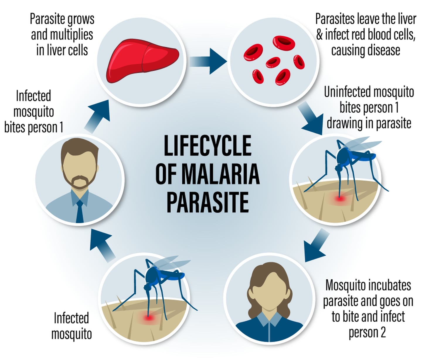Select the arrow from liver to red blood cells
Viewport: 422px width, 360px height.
pyautogui.click(x=208, y=61)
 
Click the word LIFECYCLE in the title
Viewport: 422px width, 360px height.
pyautogui.click(x=208, y=145)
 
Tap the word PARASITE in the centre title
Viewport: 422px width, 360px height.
pyautogui.click(x=208, y=202)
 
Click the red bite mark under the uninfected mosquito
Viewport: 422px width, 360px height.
pyautogui.click(x=340, y=198)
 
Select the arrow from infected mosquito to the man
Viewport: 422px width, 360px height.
pyautogui.click(x=101, y=245)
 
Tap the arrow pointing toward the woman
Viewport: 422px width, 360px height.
pyautogui.click(x=316, y=245)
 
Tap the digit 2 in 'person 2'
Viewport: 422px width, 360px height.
pyautogui.click(x=383, y=332)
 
